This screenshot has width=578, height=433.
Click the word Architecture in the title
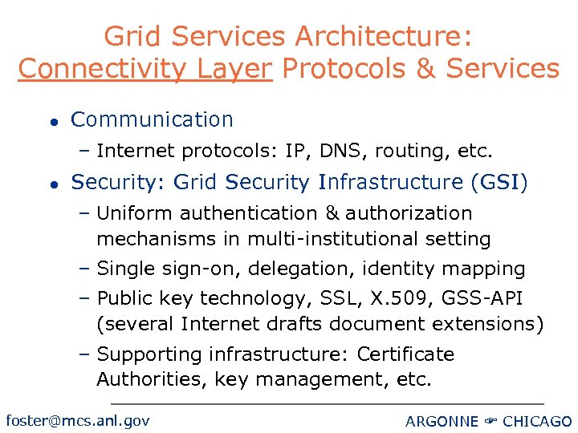(385, 36)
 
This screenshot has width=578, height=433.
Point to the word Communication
(152, 120)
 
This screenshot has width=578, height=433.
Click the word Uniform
(136, 213)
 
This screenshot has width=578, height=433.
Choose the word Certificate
(405, 354)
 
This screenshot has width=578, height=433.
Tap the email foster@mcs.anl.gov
(78, 420)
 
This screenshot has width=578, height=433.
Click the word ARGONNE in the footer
(442, 422)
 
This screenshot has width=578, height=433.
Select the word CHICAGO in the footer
(536, 422)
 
